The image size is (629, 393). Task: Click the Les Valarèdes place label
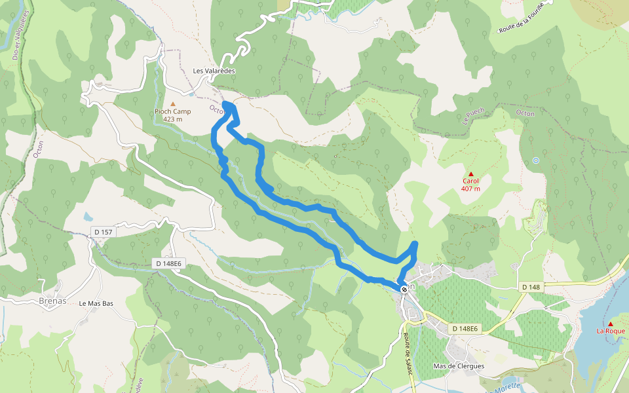[214, 71]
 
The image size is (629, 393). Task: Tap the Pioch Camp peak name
[173, 111]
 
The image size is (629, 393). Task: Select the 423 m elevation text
[173, 119]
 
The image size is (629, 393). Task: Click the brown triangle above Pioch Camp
[173, 103]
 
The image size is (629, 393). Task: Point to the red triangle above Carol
[470, 174]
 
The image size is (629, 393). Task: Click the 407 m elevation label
[470, 189]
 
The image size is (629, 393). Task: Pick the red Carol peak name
[470, 181]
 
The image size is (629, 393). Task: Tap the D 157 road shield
[104, 232]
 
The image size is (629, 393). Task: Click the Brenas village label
[54, 301]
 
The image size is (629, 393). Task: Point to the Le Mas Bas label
[96, 304]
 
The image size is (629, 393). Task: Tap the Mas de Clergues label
[459, 366]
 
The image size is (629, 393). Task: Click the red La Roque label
[611, 331]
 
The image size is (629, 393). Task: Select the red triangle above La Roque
[611, 324]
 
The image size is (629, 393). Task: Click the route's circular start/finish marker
[404, 288]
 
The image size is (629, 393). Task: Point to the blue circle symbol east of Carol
[536, 160]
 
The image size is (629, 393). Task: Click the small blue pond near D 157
[88, 215]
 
